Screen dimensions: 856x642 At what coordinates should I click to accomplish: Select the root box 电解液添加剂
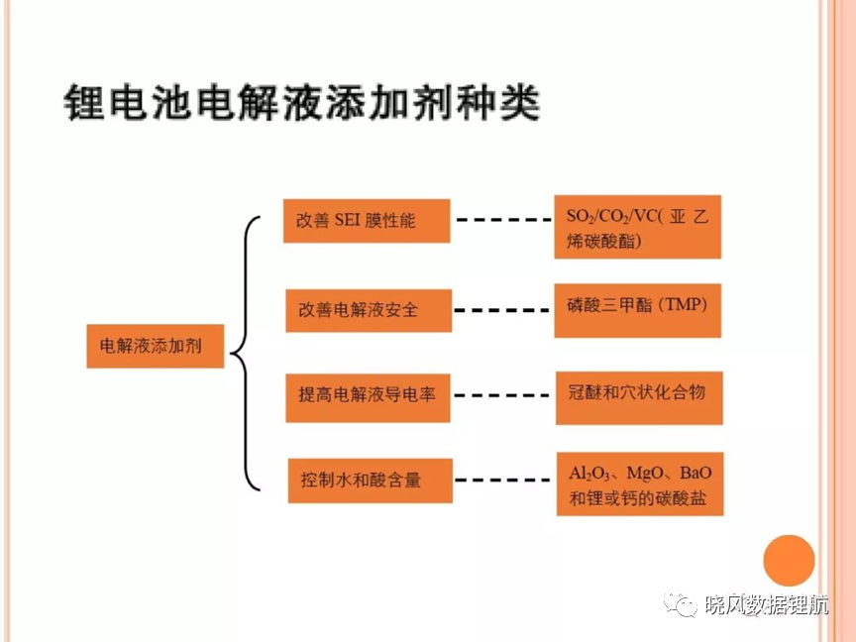point(155,346)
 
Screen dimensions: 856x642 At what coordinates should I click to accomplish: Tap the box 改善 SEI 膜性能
point(367,221)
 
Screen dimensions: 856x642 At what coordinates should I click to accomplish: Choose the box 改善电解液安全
point(369,310)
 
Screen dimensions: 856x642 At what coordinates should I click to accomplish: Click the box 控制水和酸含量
point(371,481)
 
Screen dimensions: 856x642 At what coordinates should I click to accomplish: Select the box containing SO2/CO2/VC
point(638,227)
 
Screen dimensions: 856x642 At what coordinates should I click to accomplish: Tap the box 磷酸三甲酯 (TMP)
point(638,310)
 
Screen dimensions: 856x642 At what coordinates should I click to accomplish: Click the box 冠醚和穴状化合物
point(639,398)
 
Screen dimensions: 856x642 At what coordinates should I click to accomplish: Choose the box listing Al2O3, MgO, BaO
point(640,483)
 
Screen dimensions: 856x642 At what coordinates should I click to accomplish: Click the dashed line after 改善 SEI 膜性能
point(503,220)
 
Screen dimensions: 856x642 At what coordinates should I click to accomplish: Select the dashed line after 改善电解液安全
point(501,310)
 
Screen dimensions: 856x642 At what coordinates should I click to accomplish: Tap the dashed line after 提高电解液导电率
point(501,395)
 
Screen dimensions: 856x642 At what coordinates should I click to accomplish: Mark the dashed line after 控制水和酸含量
point(502,481)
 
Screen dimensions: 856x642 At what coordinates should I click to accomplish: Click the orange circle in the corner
point(789,561)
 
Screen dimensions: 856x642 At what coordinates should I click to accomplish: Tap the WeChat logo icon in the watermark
point(680,605)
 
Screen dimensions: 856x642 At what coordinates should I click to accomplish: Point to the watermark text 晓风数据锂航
point(767,605)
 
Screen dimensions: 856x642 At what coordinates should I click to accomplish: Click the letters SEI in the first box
point(347,220)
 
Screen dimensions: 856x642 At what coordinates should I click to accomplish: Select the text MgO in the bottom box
point(645,473)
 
